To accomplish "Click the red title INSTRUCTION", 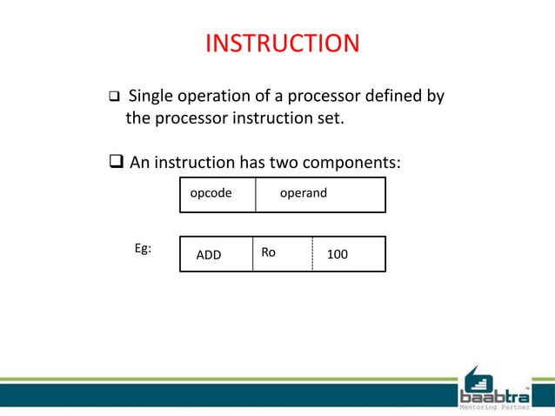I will (x=282, y=44).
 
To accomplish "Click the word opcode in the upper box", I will (x=211, y=193).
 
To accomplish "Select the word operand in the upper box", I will (x=303, y=193).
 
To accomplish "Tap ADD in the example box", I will (x=209, y=255).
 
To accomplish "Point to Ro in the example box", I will (x=268, y=252).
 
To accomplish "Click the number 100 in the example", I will (x=337, y=255).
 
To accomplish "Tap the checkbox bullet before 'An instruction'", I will (x=116, y=163).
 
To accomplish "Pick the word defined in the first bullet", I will (x=390, y=96).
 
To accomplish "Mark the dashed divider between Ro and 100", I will (x=312, y=254).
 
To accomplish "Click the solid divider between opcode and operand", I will (x=256, y=194).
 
